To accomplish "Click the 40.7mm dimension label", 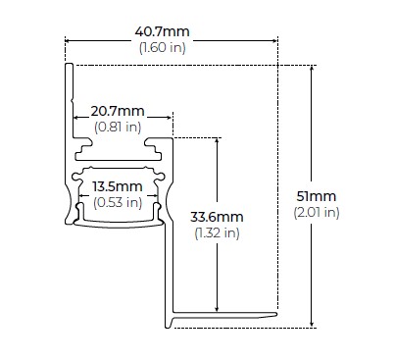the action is pos(162,31).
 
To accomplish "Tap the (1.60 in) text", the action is pos(163,48).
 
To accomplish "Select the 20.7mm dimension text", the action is pos(118,111).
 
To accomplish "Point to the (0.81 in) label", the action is pos(118,127).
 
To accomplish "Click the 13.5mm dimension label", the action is pos(118,186).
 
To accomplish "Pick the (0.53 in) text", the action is pos(118,202).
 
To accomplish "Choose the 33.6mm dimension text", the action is pos(217,217).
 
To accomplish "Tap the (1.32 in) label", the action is pos(217,232).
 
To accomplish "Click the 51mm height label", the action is pos(317,196).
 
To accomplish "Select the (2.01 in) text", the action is pos(317,213).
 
